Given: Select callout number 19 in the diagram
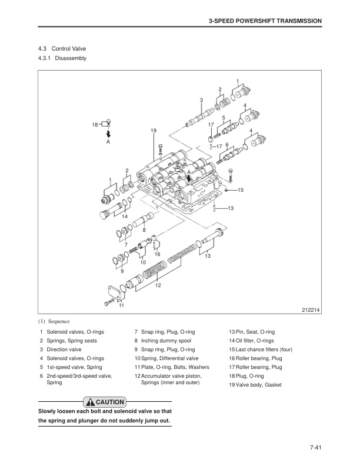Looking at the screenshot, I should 154,130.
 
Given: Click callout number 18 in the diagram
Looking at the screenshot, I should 95,124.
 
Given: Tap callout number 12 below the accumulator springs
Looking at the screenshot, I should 158,285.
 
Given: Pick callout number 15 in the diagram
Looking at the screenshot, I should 241,189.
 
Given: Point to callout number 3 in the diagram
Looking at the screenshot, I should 201,100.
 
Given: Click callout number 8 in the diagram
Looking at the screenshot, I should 144,229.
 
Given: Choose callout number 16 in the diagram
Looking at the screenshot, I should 157,254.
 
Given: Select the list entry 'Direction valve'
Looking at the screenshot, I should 66,349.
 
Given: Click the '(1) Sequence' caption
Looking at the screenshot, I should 54,321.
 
